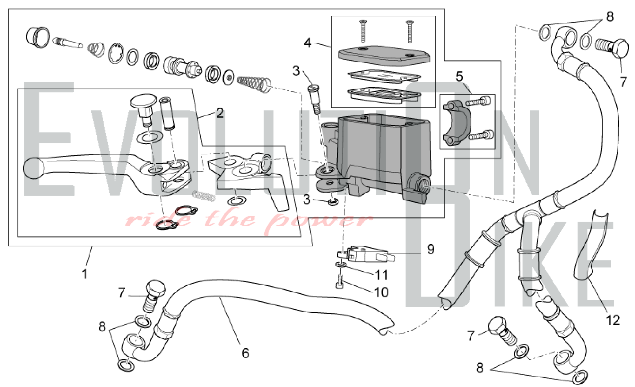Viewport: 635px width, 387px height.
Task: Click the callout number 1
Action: [x=84, y=274]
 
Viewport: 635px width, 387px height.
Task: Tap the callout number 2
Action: [x=220, y=113]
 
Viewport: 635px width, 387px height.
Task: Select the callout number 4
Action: [x=307, y=43]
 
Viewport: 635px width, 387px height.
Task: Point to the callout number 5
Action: [x=459, y=76]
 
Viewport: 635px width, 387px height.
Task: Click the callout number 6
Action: [x=245, y=353]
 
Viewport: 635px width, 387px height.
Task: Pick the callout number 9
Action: [x=431, y=249]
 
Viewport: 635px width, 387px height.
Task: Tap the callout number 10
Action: [x=381, y=292]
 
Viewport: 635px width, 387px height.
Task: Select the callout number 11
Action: [x=381, y=275]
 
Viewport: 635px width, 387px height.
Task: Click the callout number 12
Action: [x=613, y=320]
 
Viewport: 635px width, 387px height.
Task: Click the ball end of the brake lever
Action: [x=33, y=168]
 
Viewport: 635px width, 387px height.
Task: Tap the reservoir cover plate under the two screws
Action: [x=384, y=56]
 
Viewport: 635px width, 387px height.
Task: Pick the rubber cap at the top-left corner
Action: [x=37, y=37]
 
